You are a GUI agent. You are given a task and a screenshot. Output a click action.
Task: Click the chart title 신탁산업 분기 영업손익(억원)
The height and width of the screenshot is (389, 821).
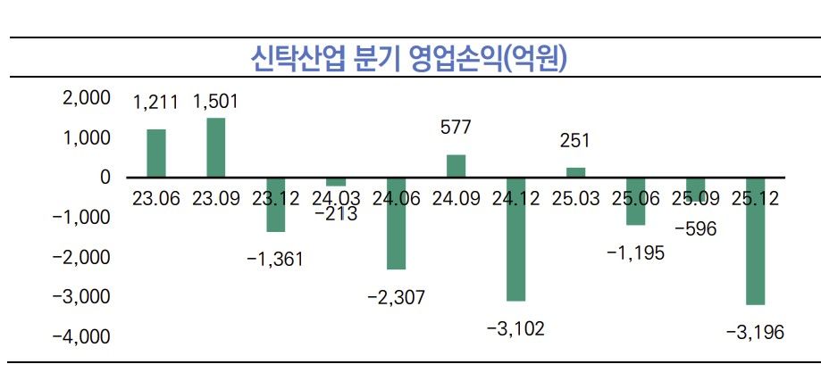point(411,58)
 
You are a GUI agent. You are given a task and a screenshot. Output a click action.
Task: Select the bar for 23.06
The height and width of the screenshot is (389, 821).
point(156,153)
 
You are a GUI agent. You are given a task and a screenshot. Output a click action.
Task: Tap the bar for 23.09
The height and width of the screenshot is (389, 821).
point(216,148)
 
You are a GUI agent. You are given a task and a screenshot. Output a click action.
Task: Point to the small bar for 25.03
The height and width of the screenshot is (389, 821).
point(575,172)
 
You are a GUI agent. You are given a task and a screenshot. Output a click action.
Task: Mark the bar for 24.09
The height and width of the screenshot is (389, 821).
point(456,166)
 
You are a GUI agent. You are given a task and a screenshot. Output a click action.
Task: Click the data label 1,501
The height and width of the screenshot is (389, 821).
point(215,101)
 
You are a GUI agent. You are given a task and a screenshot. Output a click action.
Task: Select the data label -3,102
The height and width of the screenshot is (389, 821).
point(515,328)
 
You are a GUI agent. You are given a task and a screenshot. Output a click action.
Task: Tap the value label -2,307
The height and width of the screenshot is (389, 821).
point(396,297)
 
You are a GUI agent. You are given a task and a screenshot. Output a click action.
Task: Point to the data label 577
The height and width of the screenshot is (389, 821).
point(456,128)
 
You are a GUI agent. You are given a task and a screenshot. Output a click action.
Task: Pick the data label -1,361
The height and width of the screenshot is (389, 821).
point(275,260)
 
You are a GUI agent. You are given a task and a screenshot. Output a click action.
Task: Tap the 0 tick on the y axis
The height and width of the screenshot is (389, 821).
point(105,178)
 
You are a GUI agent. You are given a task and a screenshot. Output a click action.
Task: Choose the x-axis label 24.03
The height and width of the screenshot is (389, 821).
point(336,198)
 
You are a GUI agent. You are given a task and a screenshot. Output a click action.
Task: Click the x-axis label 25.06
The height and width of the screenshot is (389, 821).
point(635,198)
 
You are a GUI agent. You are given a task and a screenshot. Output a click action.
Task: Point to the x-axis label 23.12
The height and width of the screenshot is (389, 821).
point(276,198)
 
